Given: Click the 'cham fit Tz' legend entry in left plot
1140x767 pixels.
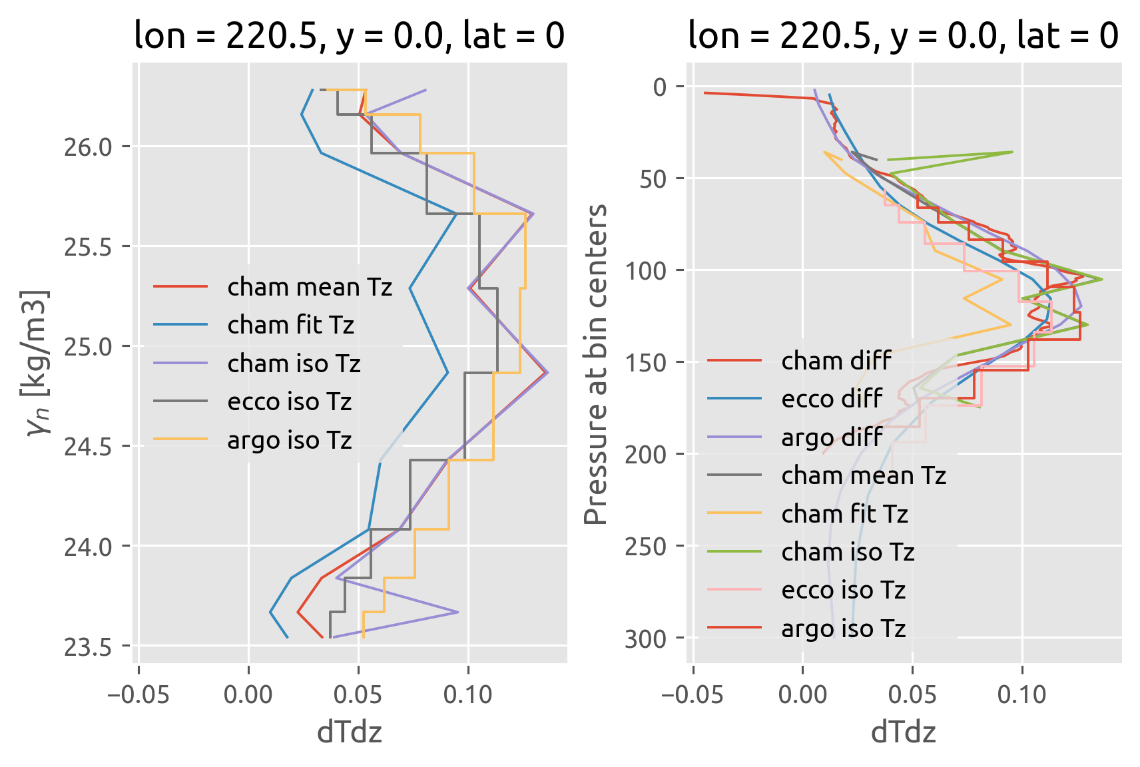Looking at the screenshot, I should pos(290,325).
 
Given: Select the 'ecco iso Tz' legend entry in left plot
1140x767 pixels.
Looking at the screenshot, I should pos(289,401).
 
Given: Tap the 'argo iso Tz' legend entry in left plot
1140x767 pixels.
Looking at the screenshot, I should pos(289,440).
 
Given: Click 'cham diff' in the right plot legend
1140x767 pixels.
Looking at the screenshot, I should pos(836,360).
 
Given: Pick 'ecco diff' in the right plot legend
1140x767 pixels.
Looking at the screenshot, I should pos(832,399).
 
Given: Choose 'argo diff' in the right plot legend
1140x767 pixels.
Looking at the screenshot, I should pos(832,437).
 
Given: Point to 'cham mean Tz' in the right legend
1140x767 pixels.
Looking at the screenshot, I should pos(864,475).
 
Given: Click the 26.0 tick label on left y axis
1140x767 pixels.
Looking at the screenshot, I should pos(88,147).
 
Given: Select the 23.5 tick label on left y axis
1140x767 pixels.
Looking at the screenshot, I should pos(88,647).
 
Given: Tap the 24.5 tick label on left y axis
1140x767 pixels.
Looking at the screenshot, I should pos(88,447).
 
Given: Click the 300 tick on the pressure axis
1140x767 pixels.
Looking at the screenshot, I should pos(645,639).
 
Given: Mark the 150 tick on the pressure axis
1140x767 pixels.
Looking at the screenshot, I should pos(645,363).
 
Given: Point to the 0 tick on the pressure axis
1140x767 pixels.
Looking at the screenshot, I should pos(660,87).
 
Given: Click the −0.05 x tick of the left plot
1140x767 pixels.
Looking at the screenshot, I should pos(139,694).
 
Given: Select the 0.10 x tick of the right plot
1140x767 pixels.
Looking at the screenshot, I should pos(1022,694).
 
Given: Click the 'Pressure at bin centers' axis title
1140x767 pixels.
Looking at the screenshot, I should pos(595,364).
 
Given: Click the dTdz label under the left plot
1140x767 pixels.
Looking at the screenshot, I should pos(350,732).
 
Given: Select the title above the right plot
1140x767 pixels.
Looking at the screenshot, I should pos(903,35).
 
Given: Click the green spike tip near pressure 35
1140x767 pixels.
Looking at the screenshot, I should pos(1012,152).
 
